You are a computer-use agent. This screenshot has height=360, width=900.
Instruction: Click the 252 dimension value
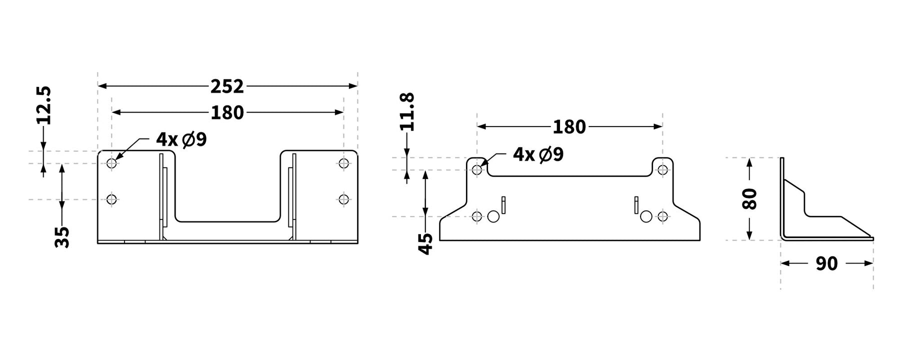click(227, 86)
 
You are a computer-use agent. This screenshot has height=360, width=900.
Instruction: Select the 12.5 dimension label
click(44, 105)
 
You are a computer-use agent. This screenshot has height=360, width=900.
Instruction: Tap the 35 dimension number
click(62, 237)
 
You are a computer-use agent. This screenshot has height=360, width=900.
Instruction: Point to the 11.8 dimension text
click(408, 112)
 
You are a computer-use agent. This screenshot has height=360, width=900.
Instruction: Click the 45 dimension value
click(425, 244)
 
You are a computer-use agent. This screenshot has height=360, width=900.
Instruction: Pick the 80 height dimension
click(749, 198)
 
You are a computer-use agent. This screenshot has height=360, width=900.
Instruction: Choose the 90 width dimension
click(826, 263)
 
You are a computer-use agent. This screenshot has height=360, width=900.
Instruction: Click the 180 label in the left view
click(227, 112)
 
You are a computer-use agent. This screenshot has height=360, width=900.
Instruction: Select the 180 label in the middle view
click(569, 127)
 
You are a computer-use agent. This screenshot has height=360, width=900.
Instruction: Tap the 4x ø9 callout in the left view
click(181, 139)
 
